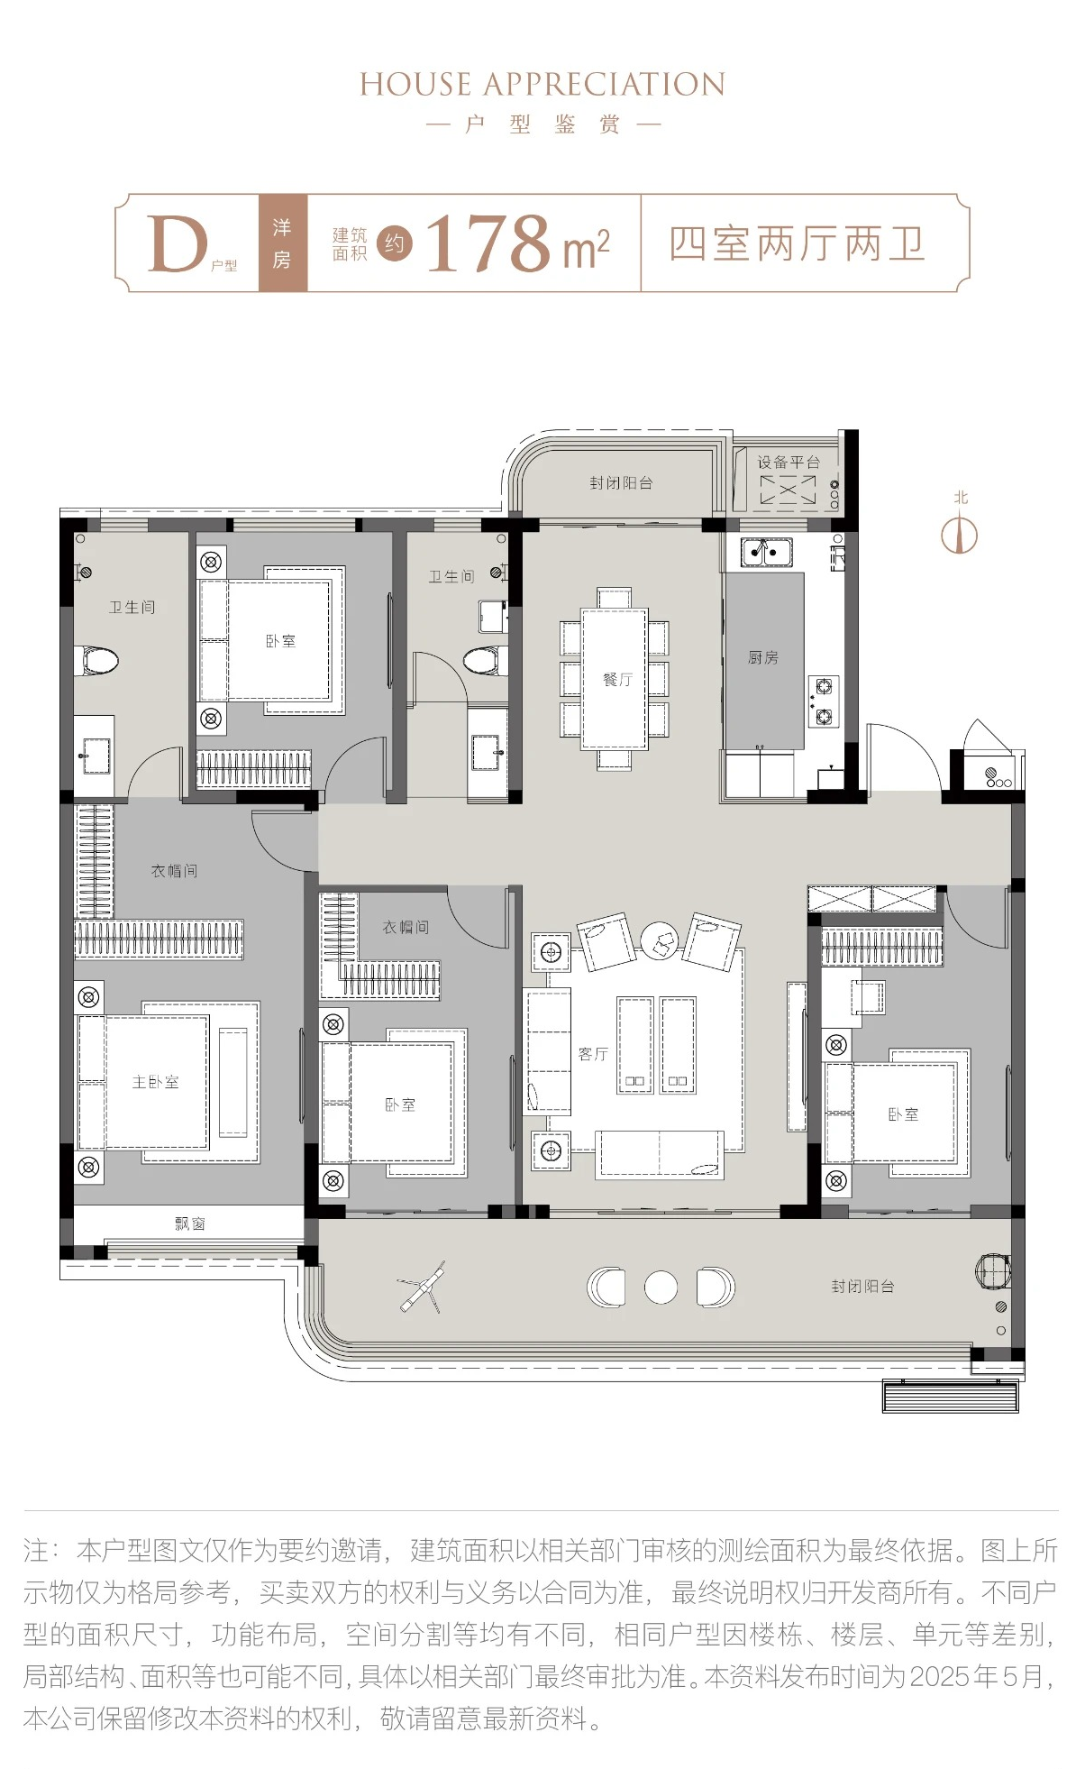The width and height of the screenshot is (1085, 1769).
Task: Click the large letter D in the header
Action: pyautogui.click(x=178, y=243)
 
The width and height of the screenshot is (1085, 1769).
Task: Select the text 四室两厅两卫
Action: pyautogui.click(x=797, y=243)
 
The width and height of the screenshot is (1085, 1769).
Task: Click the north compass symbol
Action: pyautogui.click(x=960, y=532)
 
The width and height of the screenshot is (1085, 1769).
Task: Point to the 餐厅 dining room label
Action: pyautogui.click(x=617, y=679)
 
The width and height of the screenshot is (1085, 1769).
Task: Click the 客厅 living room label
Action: pyautogui.click(x=593, y=1053)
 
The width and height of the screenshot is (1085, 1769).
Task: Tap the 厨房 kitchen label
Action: pyautogui.click(x=762, y=657)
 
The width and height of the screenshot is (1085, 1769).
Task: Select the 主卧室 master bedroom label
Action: pyautogui.click(x=155, y=1081)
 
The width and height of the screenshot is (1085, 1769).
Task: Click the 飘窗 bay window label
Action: pyautogui.click(x=190, y=1223)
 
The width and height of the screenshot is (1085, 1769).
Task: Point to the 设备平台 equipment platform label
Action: pyautogui.click(x=789, y=462)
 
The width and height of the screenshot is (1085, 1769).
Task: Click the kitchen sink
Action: pyautogui.click(x=766, y=551)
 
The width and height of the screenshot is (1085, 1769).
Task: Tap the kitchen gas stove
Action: pyautogui.click(x=824, y=701)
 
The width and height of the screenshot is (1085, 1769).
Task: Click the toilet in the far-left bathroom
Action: pyautogui.click(x=99, y=660)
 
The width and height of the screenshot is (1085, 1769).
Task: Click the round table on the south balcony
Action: pyautogui.click(x=661, y=1287)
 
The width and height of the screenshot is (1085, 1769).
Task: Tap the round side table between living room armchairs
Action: pyautogui.click(x=660, y=940)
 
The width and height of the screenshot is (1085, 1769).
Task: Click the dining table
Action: pyautogui.click(x=614, y=679)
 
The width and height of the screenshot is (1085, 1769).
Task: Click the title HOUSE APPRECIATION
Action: pyautogui.click(x=542, y=85)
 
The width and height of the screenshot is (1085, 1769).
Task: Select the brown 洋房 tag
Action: pyautogui.click(x=283, y=243)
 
